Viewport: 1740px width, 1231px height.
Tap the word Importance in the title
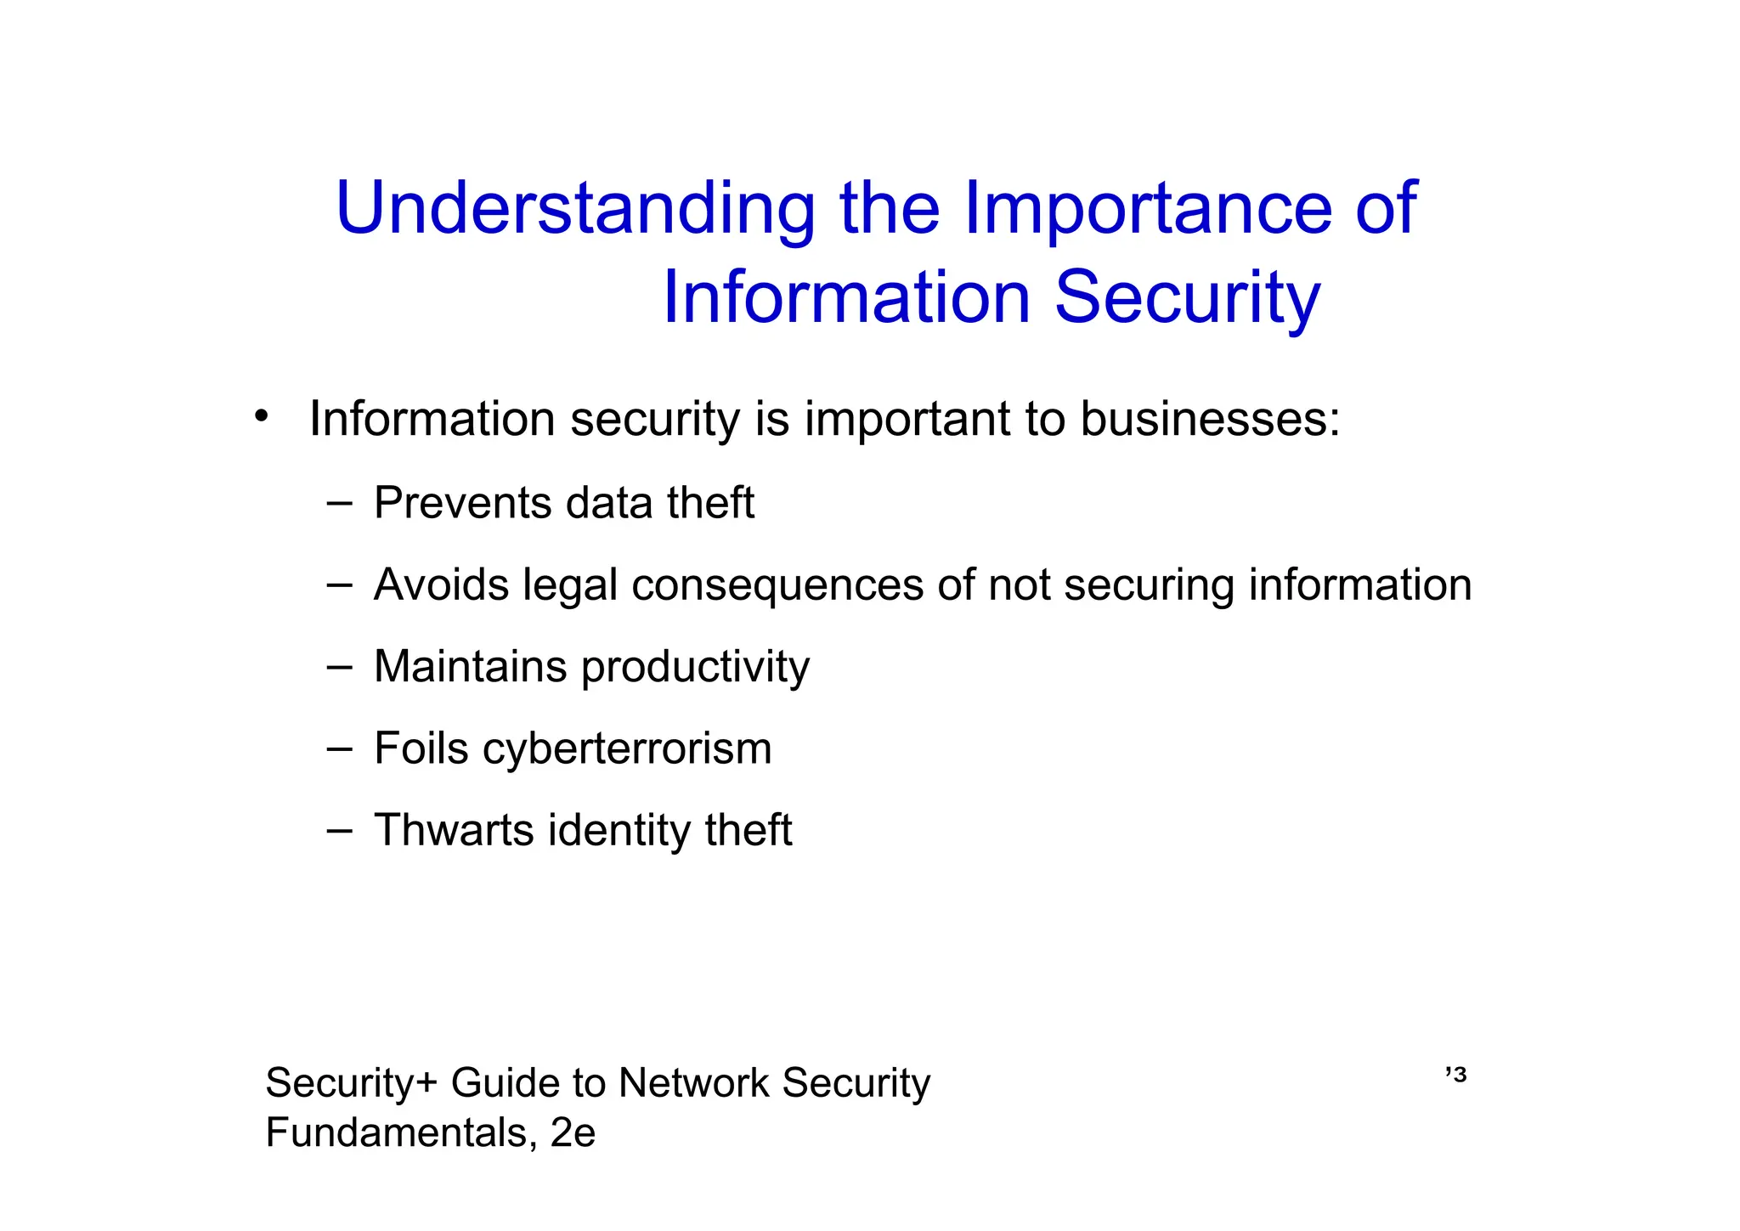(1147, 209)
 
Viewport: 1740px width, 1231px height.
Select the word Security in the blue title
(1187, 298)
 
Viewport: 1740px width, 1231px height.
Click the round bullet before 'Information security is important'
(262, 415)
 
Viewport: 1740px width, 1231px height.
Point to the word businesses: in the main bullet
(1210, 419)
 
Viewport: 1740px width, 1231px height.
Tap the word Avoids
(441, 585)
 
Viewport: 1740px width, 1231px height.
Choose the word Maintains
(470, 667)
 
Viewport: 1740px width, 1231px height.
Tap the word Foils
(421, 748)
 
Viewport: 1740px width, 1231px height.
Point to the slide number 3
(1460, 1076)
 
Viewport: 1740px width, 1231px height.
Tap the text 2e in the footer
(573, 1132)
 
